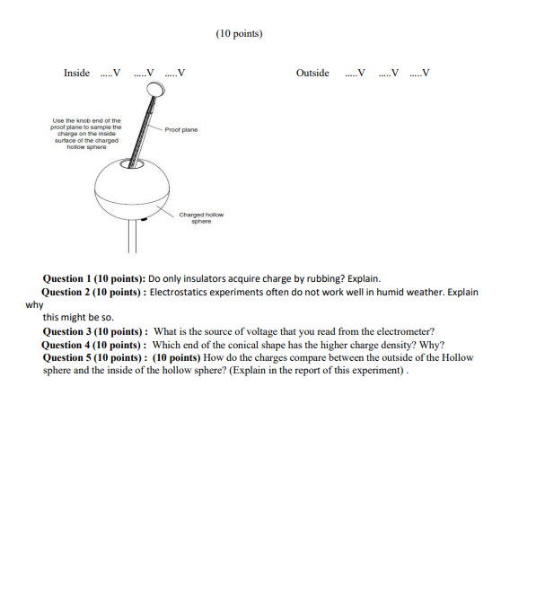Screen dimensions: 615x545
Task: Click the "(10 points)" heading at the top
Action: pyautogui.click(x=239, y=34)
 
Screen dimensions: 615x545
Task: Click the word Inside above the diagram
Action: pyautogui.click(x=76, y=74)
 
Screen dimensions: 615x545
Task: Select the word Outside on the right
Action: pyautogui.click(x=312, y=74)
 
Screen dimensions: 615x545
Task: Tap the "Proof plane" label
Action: pyautogui.click(x=180, y=129)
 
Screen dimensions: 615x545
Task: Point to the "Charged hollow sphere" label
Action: pyautogui.click(x=200, y=218)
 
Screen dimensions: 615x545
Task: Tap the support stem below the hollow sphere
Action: pyautogui.click(x=132, y=235)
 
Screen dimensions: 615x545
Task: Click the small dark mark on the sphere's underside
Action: pyautogui.click(x=144, y=218)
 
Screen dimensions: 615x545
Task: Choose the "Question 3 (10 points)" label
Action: pyautogui.click(x=95, y=331)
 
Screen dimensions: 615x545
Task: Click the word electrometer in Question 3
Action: pyautogui.click(x=406, y=331)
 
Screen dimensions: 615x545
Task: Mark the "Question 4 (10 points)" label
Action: pyautogui.click(x=95, y=345)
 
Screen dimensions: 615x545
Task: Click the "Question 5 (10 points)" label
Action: pyautogui.click(x=95, y=357)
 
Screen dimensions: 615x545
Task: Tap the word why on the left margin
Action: pyautogui.click(x=34, y=305)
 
